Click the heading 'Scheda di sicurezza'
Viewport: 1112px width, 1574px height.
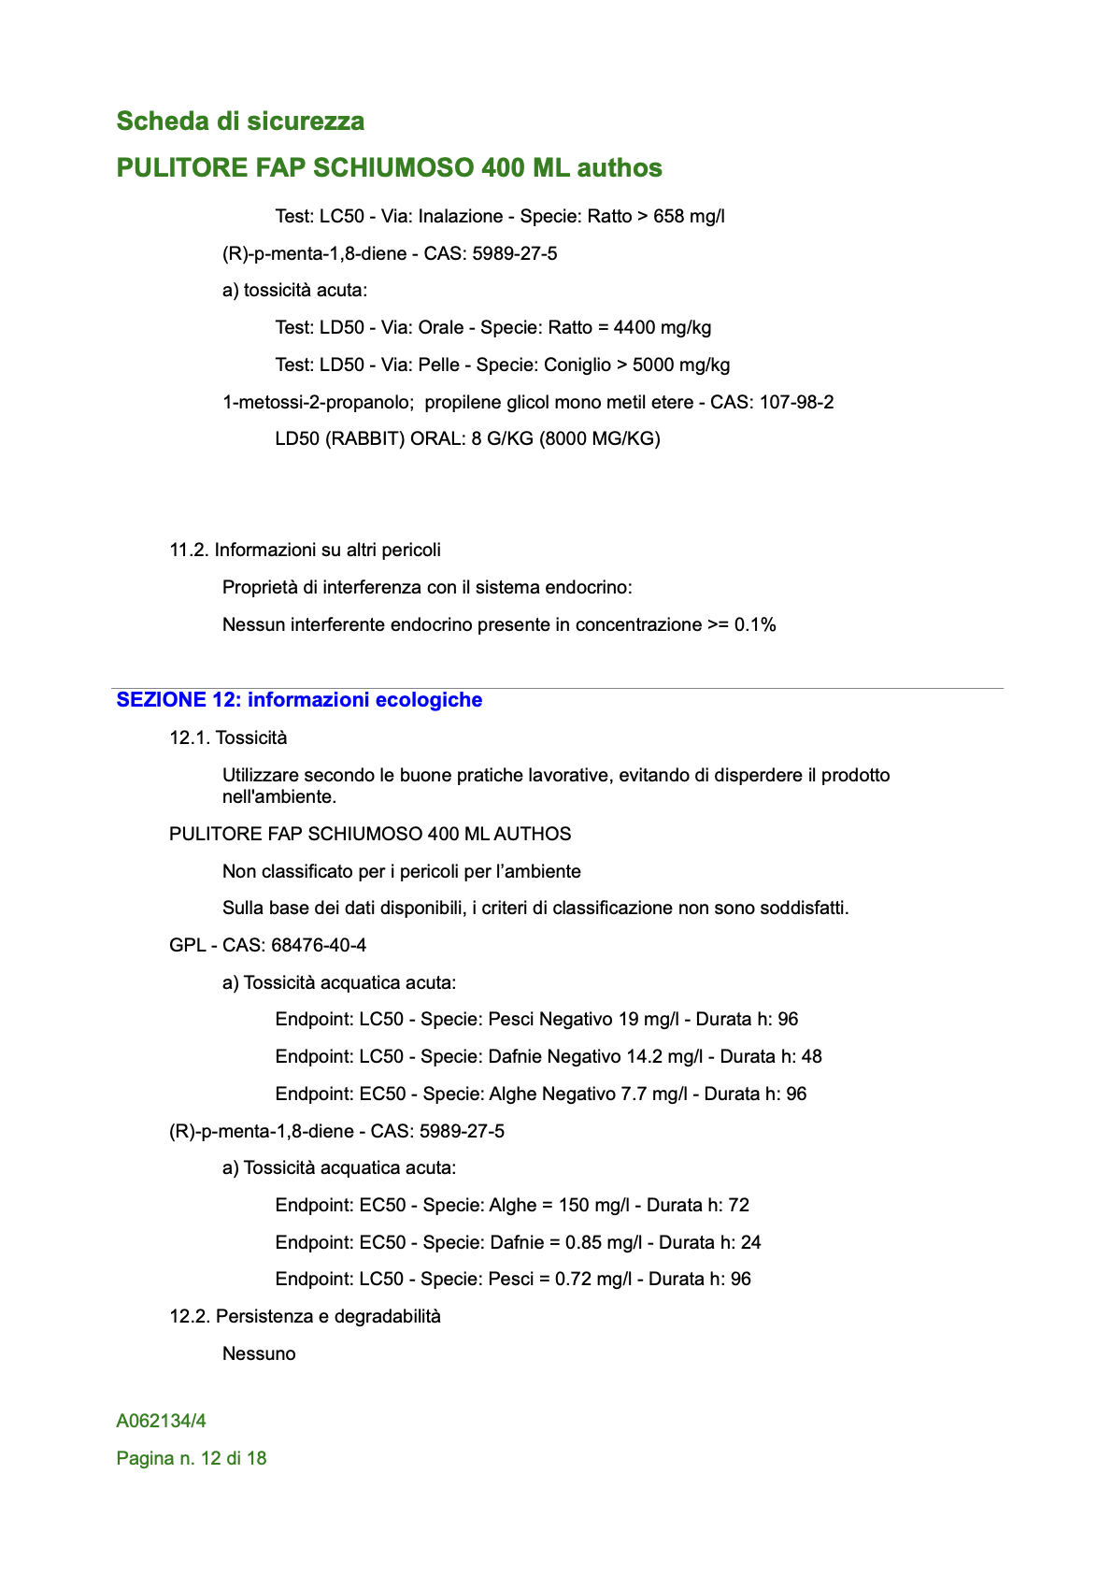(240, 122)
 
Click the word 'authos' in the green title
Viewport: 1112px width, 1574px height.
(620, 168)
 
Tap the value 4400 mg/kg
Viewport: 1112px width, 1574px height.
(663, 328)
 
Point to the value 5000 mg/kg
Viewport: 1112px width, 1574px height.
(681, 365)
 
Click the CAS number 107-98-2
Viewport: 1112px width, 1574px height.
(796, 403)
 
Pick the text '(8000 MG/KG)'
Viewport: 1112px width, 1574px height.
(600, 439)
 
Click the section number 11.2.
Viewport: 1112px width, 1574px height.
(189, 551)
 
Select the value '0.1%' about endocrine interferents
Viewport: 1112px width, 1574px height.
(755, 625)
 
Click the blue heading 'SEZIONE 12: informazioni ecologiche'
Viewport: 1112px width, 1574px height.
(299, 700)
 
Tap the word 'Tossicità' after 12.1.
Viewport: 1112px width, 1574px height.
(251, 738)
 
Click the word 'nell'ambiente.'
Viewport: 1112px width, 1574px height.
(279, 797)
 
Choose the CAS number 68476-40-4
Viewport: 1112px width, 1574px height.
(319, 946)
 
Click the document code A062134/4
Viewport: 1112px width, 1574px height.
(162, 1422)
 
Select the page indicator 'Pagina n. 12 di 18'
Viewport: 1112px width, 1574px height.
(192, 1459)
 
